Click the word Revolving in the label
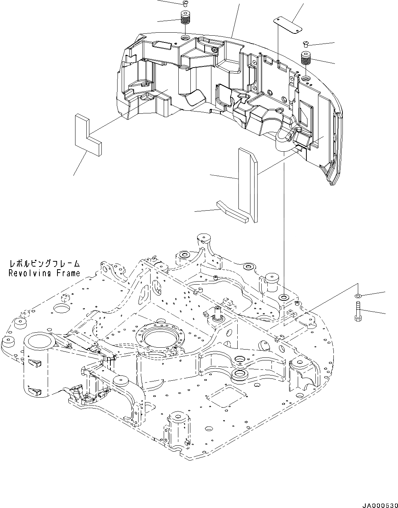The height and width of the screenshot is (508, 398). (31, 273)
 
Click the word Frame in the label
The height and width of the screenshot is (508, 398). (68, 273)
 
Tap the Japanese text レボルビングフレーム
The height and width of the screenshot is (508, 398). (45, 264)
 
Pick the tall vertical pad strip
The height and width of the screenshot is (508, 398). (248, 184)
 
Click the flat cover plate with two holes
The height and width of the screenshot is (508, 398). (288, 25)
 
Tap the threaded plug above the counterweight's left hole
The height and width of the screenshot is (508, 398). (185, 18)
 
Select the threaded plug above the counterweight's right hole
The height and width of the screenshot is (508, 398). (306, 59)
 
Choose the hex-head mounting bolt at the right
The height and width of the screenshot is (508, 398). (357, 312)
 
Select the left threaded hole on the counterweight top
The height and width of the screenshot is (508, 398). (186, 38)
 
